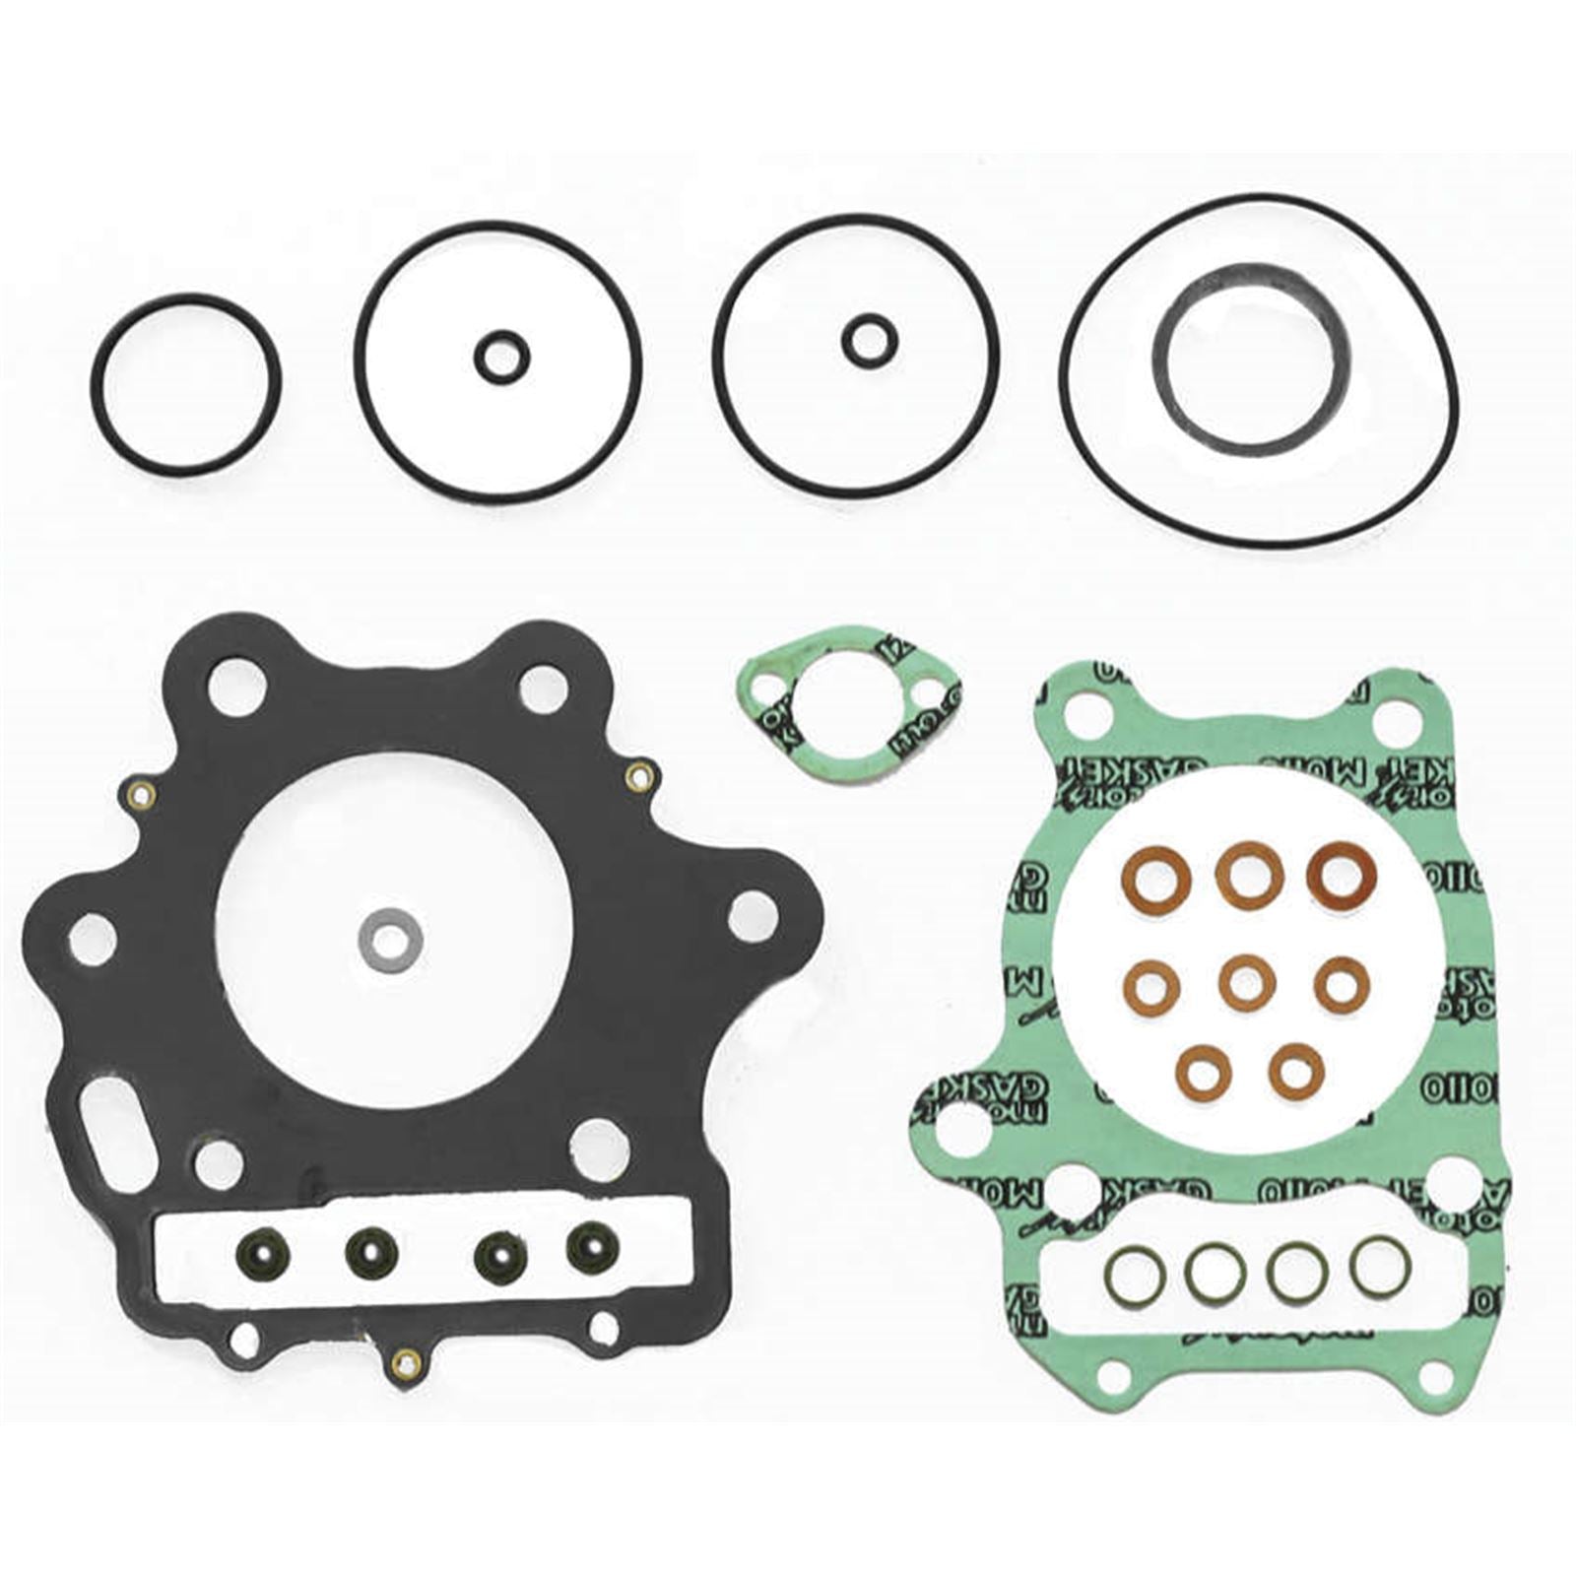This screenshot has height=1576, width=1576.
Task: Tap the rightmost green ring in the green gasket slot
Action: coord(1379,1266)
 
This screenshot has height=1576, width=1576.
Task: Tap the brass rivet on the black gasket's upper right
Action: coord(638,777)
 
